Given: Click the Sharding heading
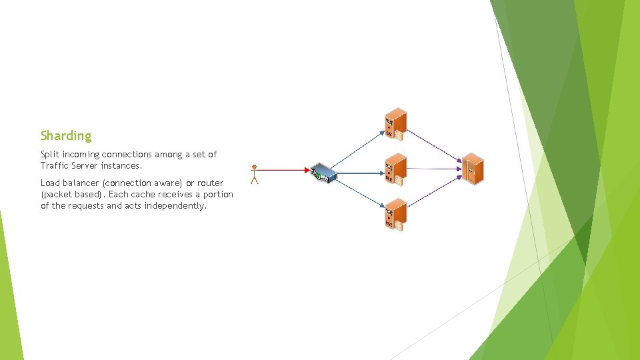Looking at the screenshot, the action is [66, 136].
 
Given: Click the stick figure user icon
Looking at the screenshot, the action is [254, 174].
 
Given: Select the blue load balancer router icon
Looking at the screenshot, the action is [323, 173].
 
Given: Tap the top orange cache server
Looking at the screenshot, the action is [395, 124].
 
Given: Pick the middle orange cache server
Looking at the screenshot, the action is [395, 169].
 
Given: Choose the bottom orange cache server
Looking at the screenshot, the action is [395, 215].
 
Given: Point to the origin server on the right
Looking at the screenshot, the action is [472, 169].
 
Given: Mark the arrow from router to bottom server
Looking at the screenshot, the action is [358, 194].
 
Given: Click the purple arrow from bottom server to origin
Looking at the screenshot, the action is [433, 193].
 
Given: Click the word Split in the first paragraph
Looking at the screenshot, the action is [49, 155].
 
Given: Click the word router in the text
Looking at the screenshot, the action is [210, 183].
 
